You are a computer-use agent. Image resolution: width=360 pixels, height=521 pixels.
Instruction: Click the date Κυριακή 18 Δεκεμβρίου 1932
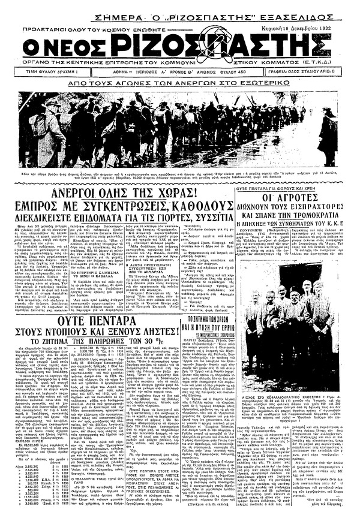point(317,28)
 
